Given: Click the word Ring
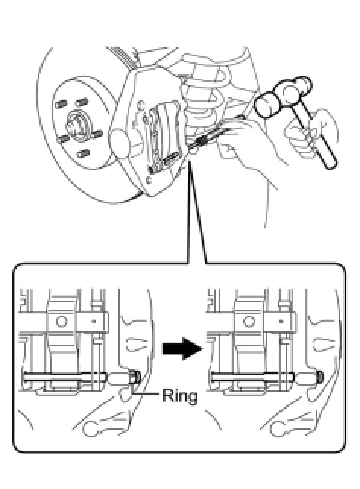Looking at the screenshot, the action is coord(180,396).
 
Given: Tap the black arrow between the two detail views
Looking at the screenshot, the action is coord(182,349).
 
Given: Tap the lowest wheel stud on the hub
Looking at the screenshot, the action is coord(83,153).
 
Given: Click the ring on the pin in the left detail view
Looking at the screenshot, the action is coord(134,378).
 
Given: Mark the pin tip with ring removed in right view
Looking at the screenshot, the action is coord(319,377).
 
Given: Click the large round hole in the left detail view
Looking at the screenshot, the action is coord(62,321).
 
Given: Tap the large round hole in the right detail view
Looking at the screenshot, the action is coord(248,321).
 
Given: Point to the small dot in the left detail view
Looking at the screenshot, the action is coord(93,320).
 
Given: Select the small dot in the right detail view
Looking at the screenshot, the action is coord(281,320).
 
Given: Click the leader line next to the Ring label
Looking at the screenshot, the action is coord(147,394).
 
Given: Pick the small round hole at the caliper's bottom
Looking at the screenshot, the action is coord(149,179).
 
